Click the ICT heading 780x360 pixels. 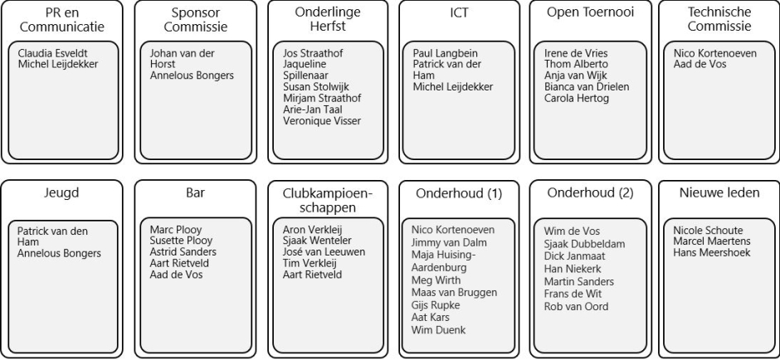[x=458, y=12]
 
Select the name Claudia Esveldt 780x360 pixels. [x=53, y=53]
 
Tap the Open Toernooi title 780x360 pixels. [x=591, y=12]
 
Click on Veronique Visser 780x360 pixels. [x=322, y=121]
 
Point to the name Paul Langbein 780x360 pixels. [x=446, y=53]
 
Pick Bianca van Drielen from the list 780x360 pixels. [x=587, y=87]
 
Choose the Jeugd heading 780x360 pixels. [x=61, y=193]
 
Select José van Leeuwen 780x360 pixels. [x=324, y=252]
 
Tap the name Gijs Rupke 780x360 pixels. [x=436, y=305]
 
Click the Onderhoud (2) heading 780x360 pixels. [x=591, y=193]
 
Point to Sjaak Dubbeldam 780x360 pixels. [x=584, y=244]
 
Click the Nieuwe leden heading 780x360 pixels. [x=719, y=193]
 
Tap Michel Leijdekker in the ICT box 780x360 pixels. [x=453, y=87]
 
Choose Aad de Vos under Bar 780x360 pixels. [x=176, y=275]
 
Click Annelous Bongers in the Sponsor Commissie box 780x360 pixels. [x=192, y=75]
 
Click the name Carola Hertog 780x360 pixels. [x=577, y=99]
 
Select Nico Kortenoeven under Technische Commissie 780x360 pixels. [x=714, y=53]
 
